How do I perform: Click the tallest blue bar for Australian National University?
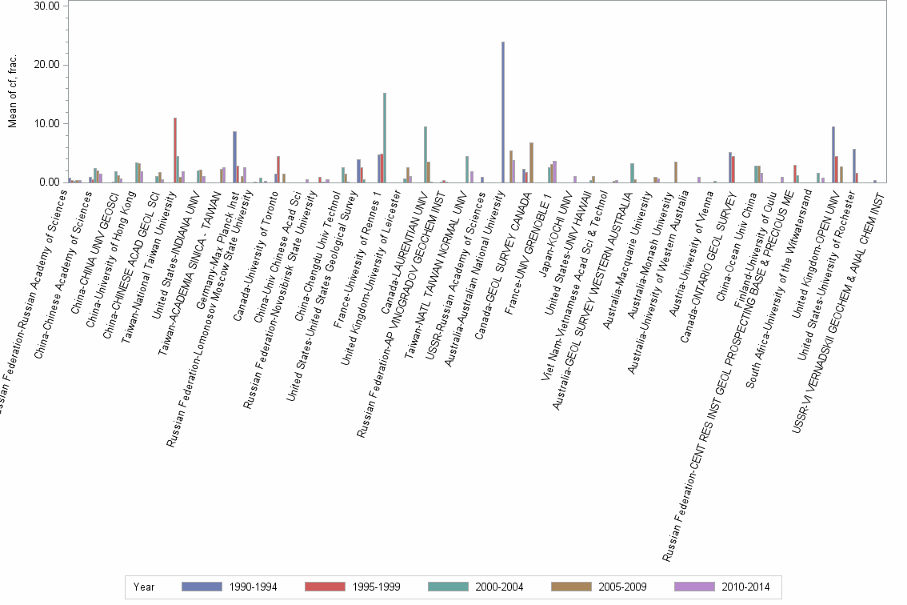click(x=502, y=112)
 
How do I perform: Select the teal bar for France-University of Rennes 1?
click(x=385, y=138)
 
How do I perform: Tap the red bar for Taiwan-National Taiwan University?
click(x=175, y=150)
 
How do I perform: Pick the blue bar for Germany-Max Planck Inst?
click(x=234, y=157)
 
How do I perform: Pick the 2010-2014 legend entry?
click(x=724, y=587)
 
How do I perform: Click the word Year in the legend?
click(x=144, y=587)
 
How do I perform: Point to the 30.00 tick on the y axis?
click(x=48, y=6)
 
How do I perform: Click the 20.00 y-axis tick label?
click(x=48, y=65)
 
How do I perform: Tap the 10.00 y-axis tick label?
click(x=48, y=124)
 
